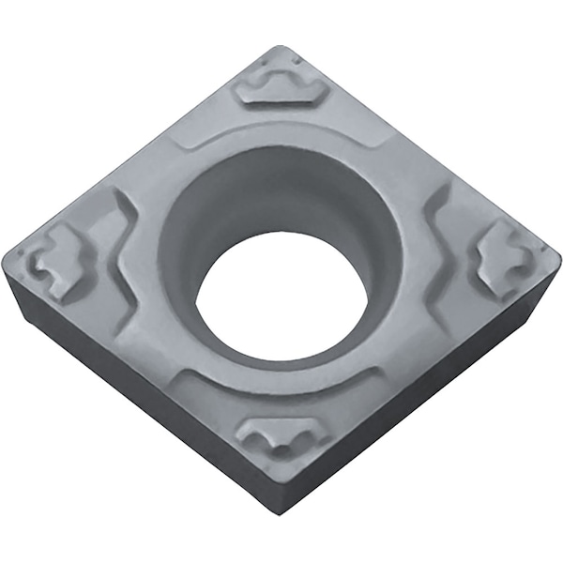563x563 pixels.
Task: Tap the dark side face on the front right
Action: click(x=422, y=413)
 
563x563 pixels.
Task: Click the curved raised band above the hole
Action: click(x=281, y=131)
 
